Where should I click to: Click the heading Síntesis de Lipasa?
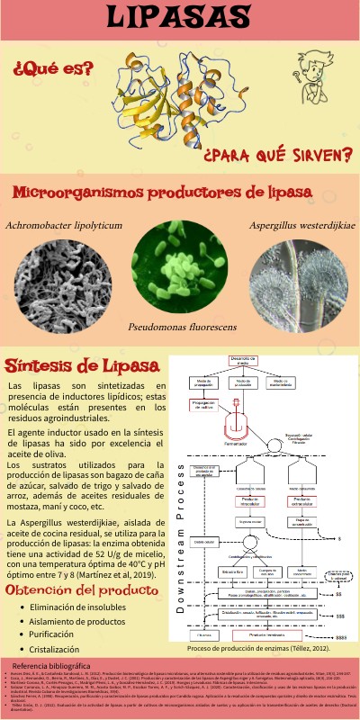pos(70,365)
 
